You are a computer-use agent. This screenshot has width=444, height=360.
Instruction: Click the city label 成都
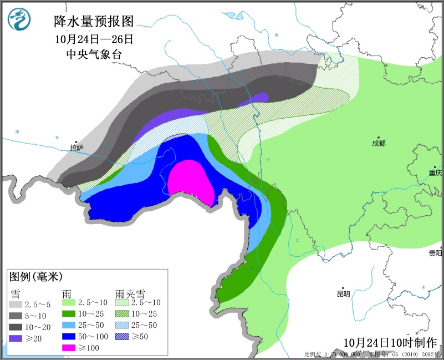pos(379,143)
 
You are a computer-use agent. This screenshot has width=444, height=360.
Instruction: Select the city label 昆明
pos(344,294)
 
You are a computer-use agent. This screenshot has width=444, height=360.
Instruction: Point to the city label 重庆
pos(436,173)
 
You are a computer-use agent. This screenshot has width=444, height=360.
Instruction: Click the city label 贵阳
pos(436,253)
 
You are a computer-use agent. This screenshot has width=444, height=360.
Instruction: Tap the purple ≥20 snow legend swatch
pos(16,338)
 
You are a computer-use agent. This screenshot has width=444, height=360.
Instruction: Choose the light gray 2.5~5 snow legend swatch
pos(16,305)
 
